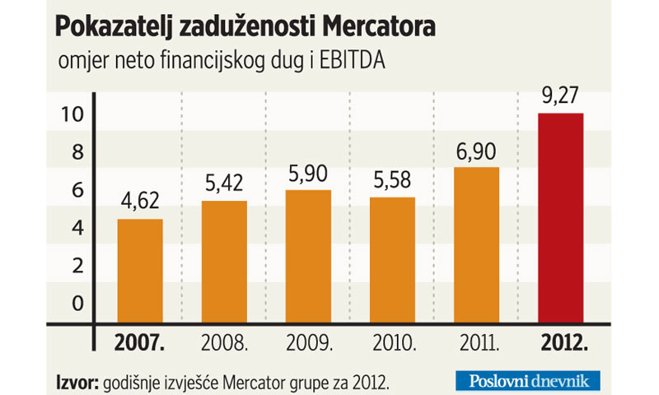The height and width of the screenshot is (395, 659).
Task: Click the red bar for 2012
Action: pos(560,218)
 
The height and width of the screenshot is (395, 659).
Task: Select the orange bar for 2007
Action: pos(140,271)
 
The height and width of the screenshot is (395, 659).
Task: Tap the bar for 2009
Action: pos(307,256)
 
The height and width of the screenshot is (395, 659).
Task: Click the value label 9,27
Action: pos(560,97)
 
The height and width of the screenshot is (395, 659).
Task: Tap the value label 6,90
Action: pos(476,151)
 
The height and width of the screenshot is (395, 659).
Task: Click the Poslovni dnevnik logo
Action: pos(528,381)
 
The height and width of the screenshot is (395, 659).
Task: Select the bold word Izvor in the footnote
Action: pos(76,382)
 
